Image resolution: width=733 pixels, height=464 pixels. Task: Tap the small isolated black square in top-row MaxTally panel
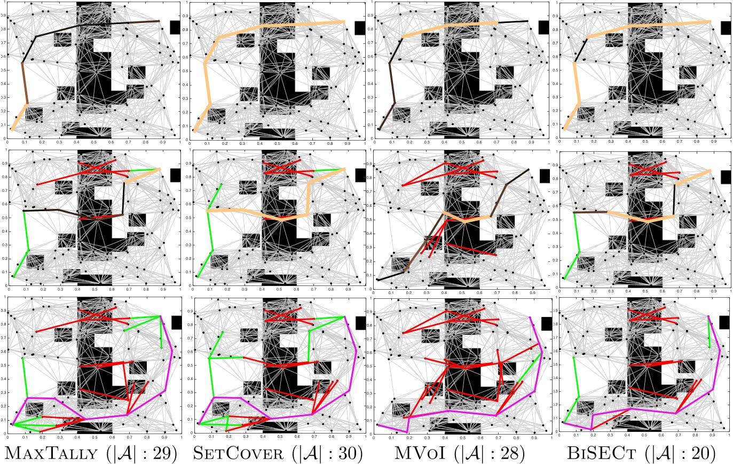click(x=175, y=27)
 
